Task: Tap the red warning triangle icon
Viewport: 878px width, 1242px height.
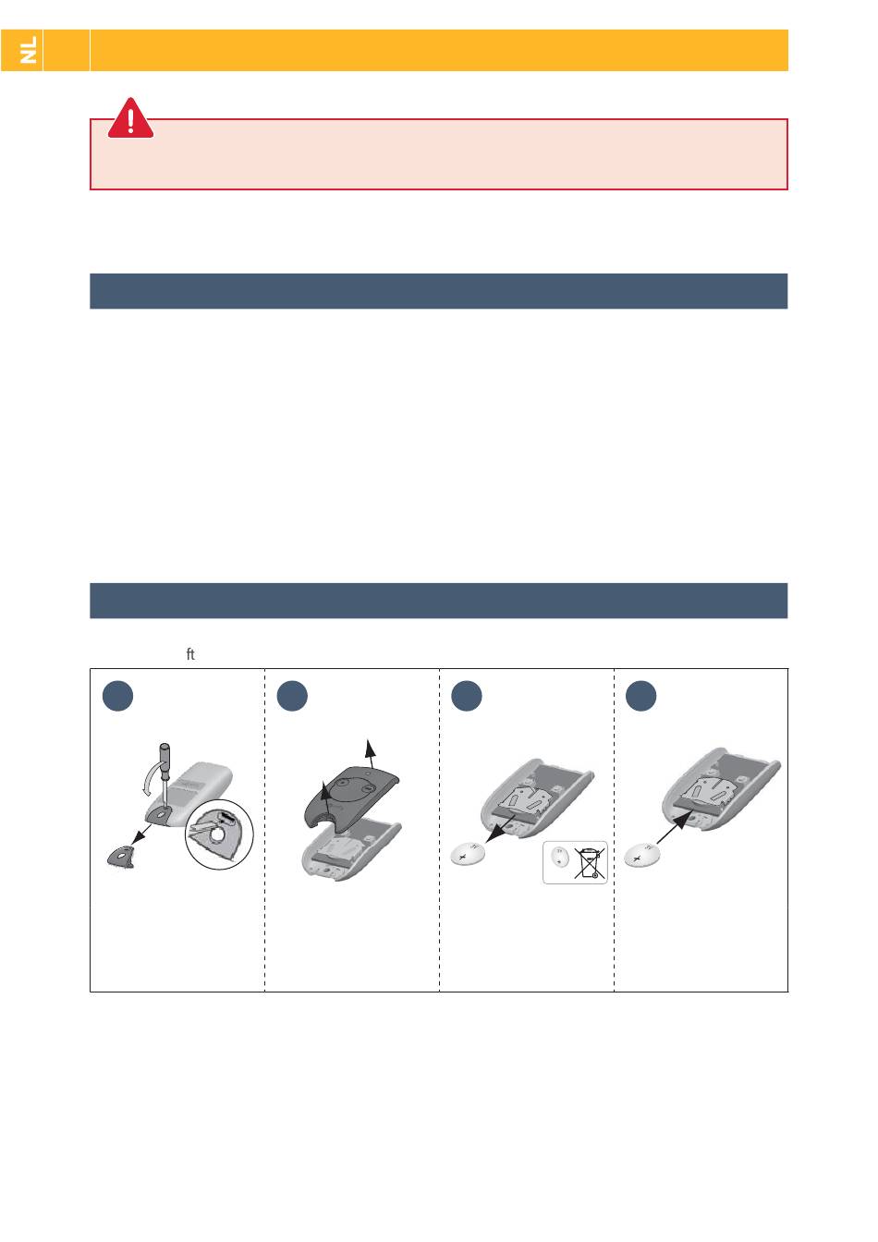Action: [130, 118]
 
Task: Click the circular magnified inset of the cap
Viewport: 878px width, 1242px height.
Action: [219, 834]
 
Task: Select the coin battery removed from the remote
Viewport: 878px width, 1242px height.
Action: [468, 855]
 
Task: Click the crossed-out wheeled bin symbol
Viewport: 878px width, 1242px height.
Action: [590, 863]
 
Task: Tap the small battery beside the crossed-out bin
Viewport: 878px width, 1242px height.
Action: [560, 858]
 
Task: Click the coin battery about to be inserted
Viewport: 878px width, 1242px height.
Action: [641, 855]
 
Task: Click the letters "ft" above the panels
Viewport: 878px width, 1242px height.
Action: [190, 654]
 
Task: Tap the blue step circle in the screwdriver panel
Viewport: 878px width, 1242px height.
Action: [117, 695]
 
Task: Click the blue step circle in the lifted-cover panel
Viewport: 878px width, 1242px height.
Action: [292, 695]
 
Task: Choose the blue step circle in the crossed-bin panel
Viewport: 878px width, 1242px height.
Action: [467, 695]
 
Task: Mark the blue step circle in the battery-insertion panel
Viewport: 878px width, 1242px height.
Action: [641, 695]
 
